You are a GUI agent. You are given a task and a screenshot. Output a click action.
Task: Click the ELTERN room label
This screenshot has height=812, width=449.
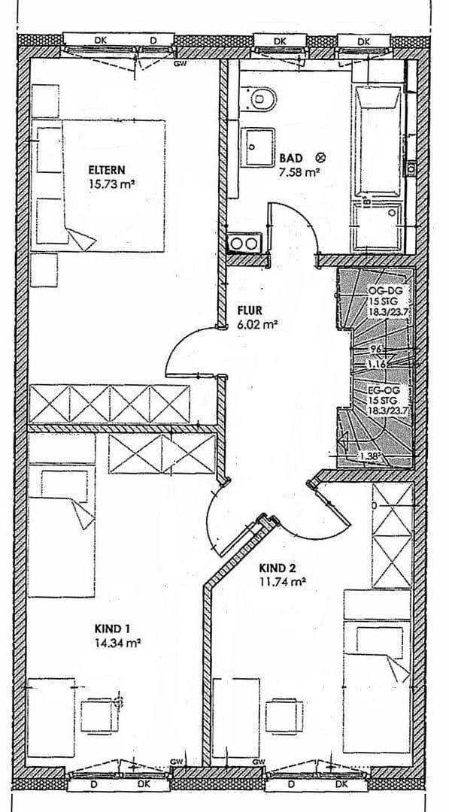click(x=107, y=170)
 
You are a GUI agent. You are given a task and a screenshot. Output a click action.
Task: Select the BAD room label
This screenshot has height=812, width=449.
click(x=290, y=158)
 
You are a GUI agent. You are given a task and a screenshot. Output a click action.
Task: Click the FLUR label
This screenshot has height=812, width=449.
click(x=248, y=310)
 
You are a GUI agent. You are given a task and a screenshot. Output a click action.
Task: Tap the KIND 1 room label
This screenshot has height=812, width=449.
click(x=113, y=629)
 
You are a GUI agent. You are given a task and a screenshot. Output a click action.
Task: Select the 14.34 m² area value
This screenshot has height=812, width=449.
click(x=119, y=643)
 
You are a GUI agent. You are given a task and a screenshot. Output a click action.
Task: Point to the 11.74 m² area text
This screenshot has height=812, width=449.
click(x=283, y=581)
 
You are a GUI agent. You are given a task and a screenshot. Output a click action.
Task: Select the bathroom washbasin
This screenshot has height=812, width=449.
click(x=258, y=143)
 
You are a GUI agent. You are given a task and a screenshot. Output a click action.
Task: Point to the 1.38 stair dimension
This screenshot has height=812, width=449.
click(x=371, y=456)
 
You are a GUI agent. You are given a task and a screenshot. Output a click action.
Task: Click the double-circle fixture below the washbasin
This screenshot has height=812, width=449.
click(x=244, y=243)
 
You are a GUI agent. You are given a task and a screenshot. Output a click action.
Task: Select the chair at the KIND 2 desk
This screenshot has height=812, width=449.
click(x=284, y=716)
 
